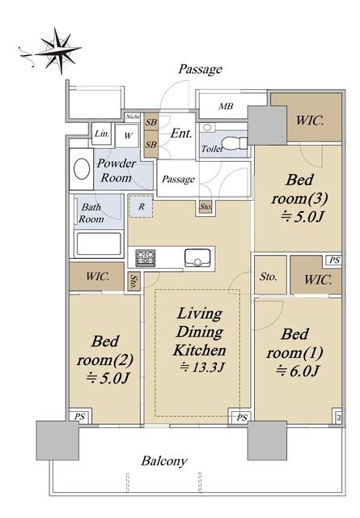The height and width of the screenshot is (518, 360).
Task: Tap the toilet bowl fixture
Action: (234, 143)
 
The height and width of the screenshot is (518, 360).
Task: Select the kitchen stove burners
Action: (146, 257)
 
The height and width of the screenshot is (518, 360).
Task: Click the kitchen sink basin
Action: (197, 257)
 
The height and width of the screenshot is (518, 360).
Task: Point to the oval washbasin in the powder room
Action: (82, 169)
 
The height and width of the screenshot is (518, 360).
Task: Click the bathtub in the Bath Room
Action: (99, 244)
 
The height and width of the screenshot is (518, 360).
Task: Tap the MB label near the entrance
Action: (226, 106)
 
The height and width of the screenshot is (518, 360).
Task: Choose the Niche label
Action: (133, 117)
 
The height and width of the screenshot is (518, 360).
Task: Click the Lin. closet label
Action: (102, 134)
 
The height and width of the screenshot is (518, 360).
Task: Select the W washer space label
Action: (128, 135)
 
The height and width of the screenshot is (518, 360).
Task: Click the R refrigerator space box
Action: (142, 206)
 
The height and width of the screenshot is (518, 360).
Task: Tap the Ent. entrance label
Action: (181, 134)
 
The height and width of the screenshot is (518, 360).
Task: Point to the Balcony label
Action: (164, 461)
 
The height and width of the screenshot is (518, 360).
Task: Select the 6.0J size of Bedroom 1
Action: (297, 372)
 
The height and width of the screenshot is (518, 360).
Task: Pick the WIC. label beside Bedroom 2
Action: (97, 276)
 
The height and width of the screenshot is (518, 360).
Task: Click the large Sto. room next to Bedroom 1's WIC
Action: (270, 275)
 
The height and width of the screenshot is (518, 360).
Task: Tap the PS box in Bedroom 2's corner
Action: (79, 417)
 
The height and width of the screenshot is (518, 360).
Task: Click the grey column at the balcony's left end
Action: (57, 440)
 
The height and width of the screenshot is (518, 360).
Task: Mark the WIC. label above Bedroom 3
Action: (310, 121)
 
